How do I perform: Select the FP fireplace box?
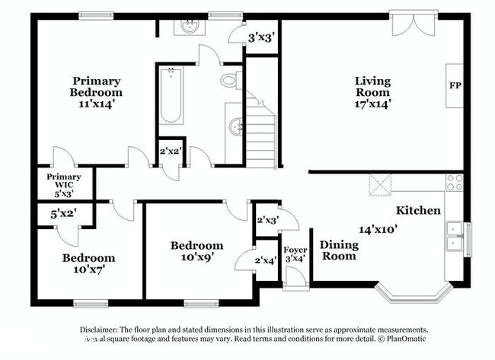pos(455,84)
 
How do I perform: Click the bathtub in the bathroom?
pos(171,97)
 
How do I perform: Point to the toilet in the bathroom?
pos(230,79)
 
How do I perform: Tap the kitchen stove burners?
pos(455,182)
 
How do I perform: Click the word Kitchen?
pos(418,209)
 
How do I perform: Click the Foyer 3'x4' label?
pos(295,255)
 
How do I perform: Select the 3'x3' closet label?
pos(261,37)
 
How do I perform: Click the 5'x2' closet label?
pos(63,215)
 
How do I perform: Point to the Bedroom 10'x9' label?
pos(196,251)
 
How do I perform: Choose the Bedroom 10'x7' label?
pos(88,263)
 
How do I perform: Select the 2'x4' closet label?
pos(265,260)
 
